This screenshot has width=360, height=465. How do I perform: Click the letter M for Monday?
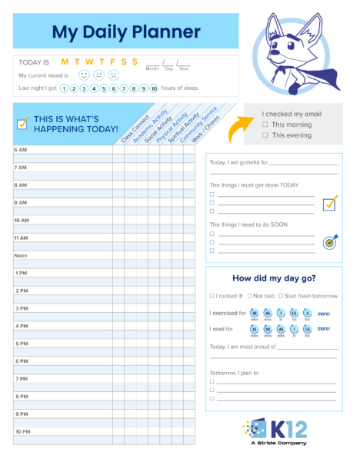coord(65,61)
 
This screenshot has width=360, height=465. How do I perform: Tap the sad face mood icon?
coord(113,75)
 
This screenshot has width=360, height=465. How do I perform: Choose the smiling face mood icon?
coord(84,75)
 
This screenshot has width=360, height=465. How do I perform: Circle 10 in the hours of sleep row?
coord(154,88)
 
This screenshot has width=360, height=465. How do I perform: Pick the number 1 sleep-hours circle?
coord(64,88)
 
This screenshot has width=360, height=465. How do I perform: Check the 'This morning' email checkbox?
coord(265,125)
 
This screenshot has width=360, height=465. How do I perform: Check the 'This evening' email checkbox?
coord(265,135)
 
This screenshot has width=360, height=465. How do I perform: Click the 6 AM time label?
coord(21,149)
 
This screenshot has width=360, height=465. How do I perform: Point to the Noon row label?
coord(21,255)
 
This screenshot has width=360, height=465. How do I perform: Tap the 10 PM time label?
coord(22,432)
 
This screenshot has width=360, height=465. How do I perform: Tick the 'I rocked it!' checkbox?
coord(212,296)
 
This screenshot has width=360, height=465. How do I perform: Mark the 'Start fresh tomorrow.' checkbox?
coord(281,296)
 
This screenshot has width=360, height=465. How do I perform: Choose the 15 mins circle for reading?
coord(255,329)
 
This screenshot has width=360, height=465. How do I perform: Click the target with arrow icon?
coord(330,241)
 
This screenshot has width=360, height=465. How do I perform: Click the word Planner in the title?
coord(163,32)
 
